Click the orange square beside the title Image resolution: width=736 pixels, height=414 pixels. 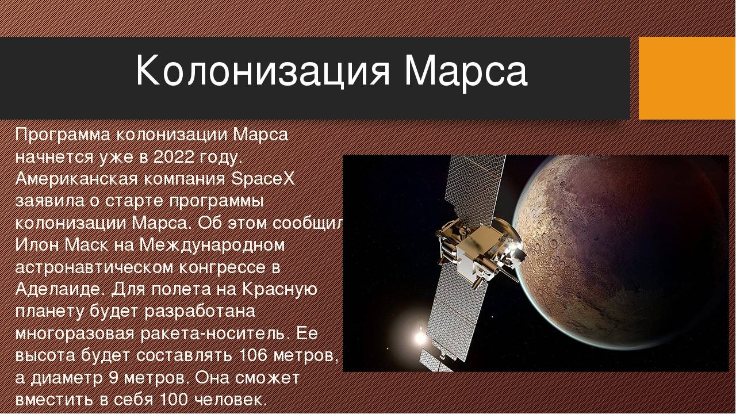pyautogui.click(x=687, y=78)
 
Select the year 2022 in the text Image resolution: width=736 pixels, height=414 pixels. pyautogui.click(x=174, y=158)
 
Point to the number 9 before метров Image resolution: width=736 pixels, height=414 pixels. pyautogui.click(x=113, y=378)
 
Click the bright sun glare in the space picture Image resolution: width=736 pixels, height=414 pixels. pyautogui.click(x=420, y=337)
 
